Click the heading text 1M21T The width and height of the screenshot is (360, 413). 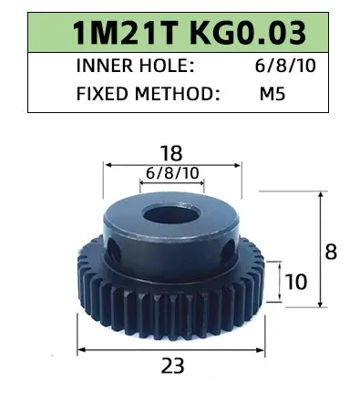[125, 33]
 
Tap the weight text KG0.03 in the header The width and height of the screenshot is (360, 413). [248, 33]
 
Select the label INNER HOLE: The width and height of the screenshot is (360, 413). [135, 66]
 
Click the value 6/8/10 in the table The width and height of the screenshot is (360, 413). [285, 66]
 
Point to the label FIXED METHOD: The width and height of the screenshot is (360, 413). [149, 94]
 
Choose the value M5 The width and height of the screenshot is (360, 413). [273, 94]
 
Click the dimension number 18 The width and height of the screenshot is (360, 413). [171, 153]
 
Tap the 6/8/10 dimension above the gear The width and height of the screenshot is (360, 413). [172, 173]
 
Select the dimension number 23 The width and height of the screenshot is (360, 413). [172, 366]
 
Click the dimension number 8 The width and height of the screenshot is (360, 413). [331, 252]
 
